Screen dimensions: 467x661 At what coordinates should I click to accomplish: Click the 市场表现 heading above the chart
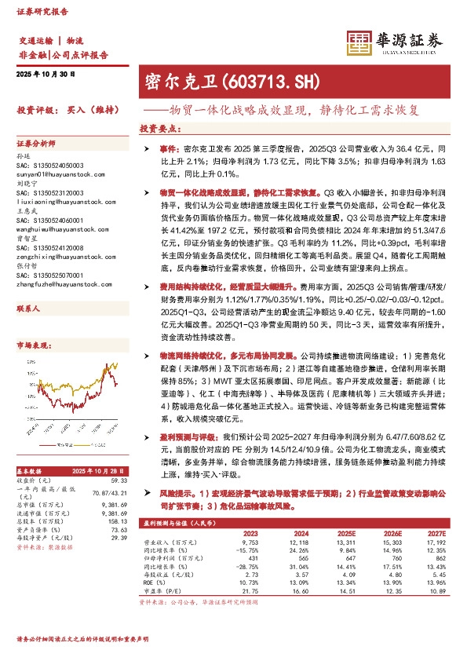tap(31, 345)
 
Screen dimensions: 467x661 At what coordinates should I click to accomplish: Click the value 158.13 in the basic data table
tap(117, 520)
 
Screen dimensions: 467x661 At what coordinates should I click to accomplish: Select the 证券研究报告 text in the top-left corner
tap(38, 13)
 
